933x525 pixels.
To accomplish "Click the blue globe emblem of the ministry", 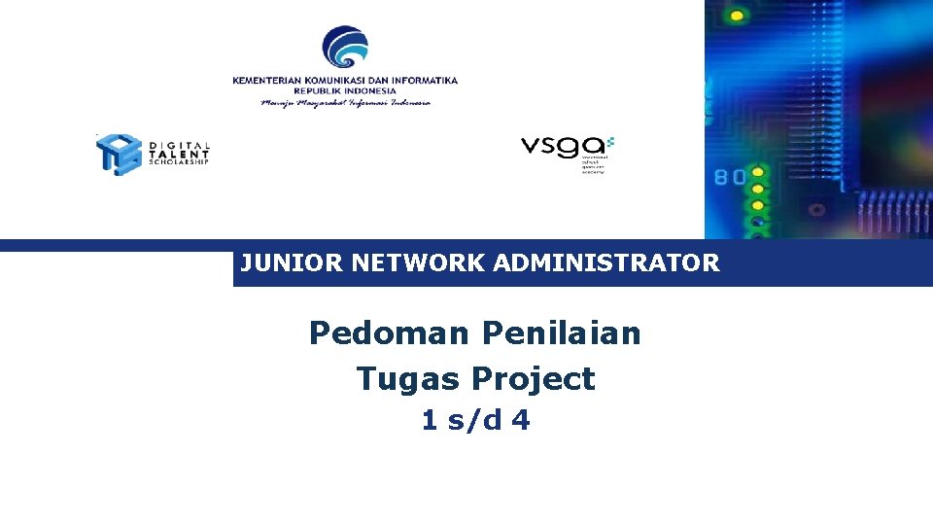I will tap(345, 49).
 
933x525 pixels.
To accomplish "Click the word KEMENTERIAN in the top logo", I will tap(269, 81).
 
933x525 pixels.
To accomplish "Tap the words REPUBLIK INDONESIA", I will tap(345, 90).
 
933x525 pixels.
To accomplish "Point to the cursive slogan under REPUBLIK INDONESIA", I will tap(345, 102).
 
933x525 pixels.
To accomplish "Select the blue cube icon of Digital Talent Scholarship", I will tap(119, 154).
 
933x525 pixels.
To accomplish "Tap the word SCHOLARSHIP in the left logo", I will tap(179, 162).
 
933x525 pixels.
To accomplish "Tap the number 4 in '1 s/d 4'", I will tap(521, 421).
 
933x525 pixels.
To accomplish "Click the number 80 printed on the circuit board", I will tap(731, 177).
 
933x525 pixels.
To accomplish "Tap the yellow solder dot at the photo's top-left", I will tap(737, 16).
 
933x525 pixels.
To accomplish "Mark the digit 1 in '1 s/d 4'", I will tap(430, 421).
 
